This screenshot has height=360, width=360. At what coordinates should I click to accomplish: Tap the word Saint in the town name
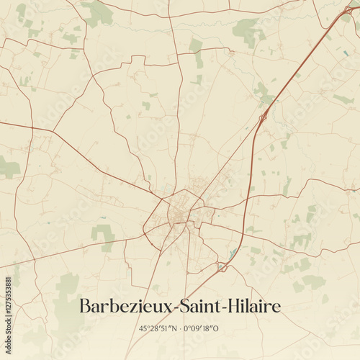coord(200,306)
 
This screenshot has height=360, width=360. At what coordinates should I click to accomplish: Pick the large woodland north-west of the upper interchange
coord(247,30)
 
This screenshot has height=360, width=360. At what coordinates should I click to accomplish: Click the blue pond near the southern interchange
coord(233,254)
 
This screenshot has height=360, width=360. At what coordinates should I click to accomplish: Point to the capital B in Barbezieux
coord(85,306)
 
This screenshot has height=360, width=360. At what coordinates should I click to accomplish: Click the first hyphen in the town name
coord(175,308)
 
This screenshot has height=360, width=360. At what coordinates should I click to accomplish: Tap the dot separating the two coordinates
coord(180,328)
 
